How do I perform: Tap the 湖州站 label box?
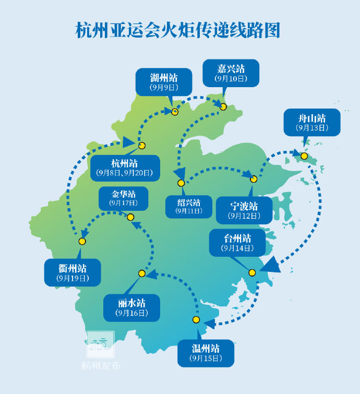coord(164,82)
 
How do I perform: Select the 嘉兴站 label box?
coord(231,73)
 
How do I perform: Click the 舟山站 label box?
coord(311,123)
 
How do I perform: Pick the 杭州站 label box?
coord(125,168)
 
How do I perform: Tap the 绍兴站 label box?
coord(188,207)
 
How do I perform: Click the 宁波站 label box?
coord(244,210)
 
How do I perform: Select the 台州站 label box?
coord(237,243)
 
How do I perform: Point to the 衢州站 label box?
coord(73,273)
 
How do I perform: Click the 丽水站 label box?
coord(131,307)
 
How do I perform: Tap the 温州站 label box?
coord(206,353)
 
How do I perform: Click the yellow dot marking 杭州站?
coord(141,146)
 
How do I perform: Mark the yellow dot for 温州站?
coord(196,319)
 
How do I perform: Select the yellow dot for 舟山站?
coord(304,156)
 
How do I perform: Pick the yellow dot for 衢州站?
coord(82,241)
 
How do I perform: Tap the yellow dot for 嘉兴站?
coord(223,106)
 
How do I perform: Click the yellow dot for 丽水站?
coord(141,273)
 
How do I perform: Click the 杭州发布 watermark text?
coord(101,365)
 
